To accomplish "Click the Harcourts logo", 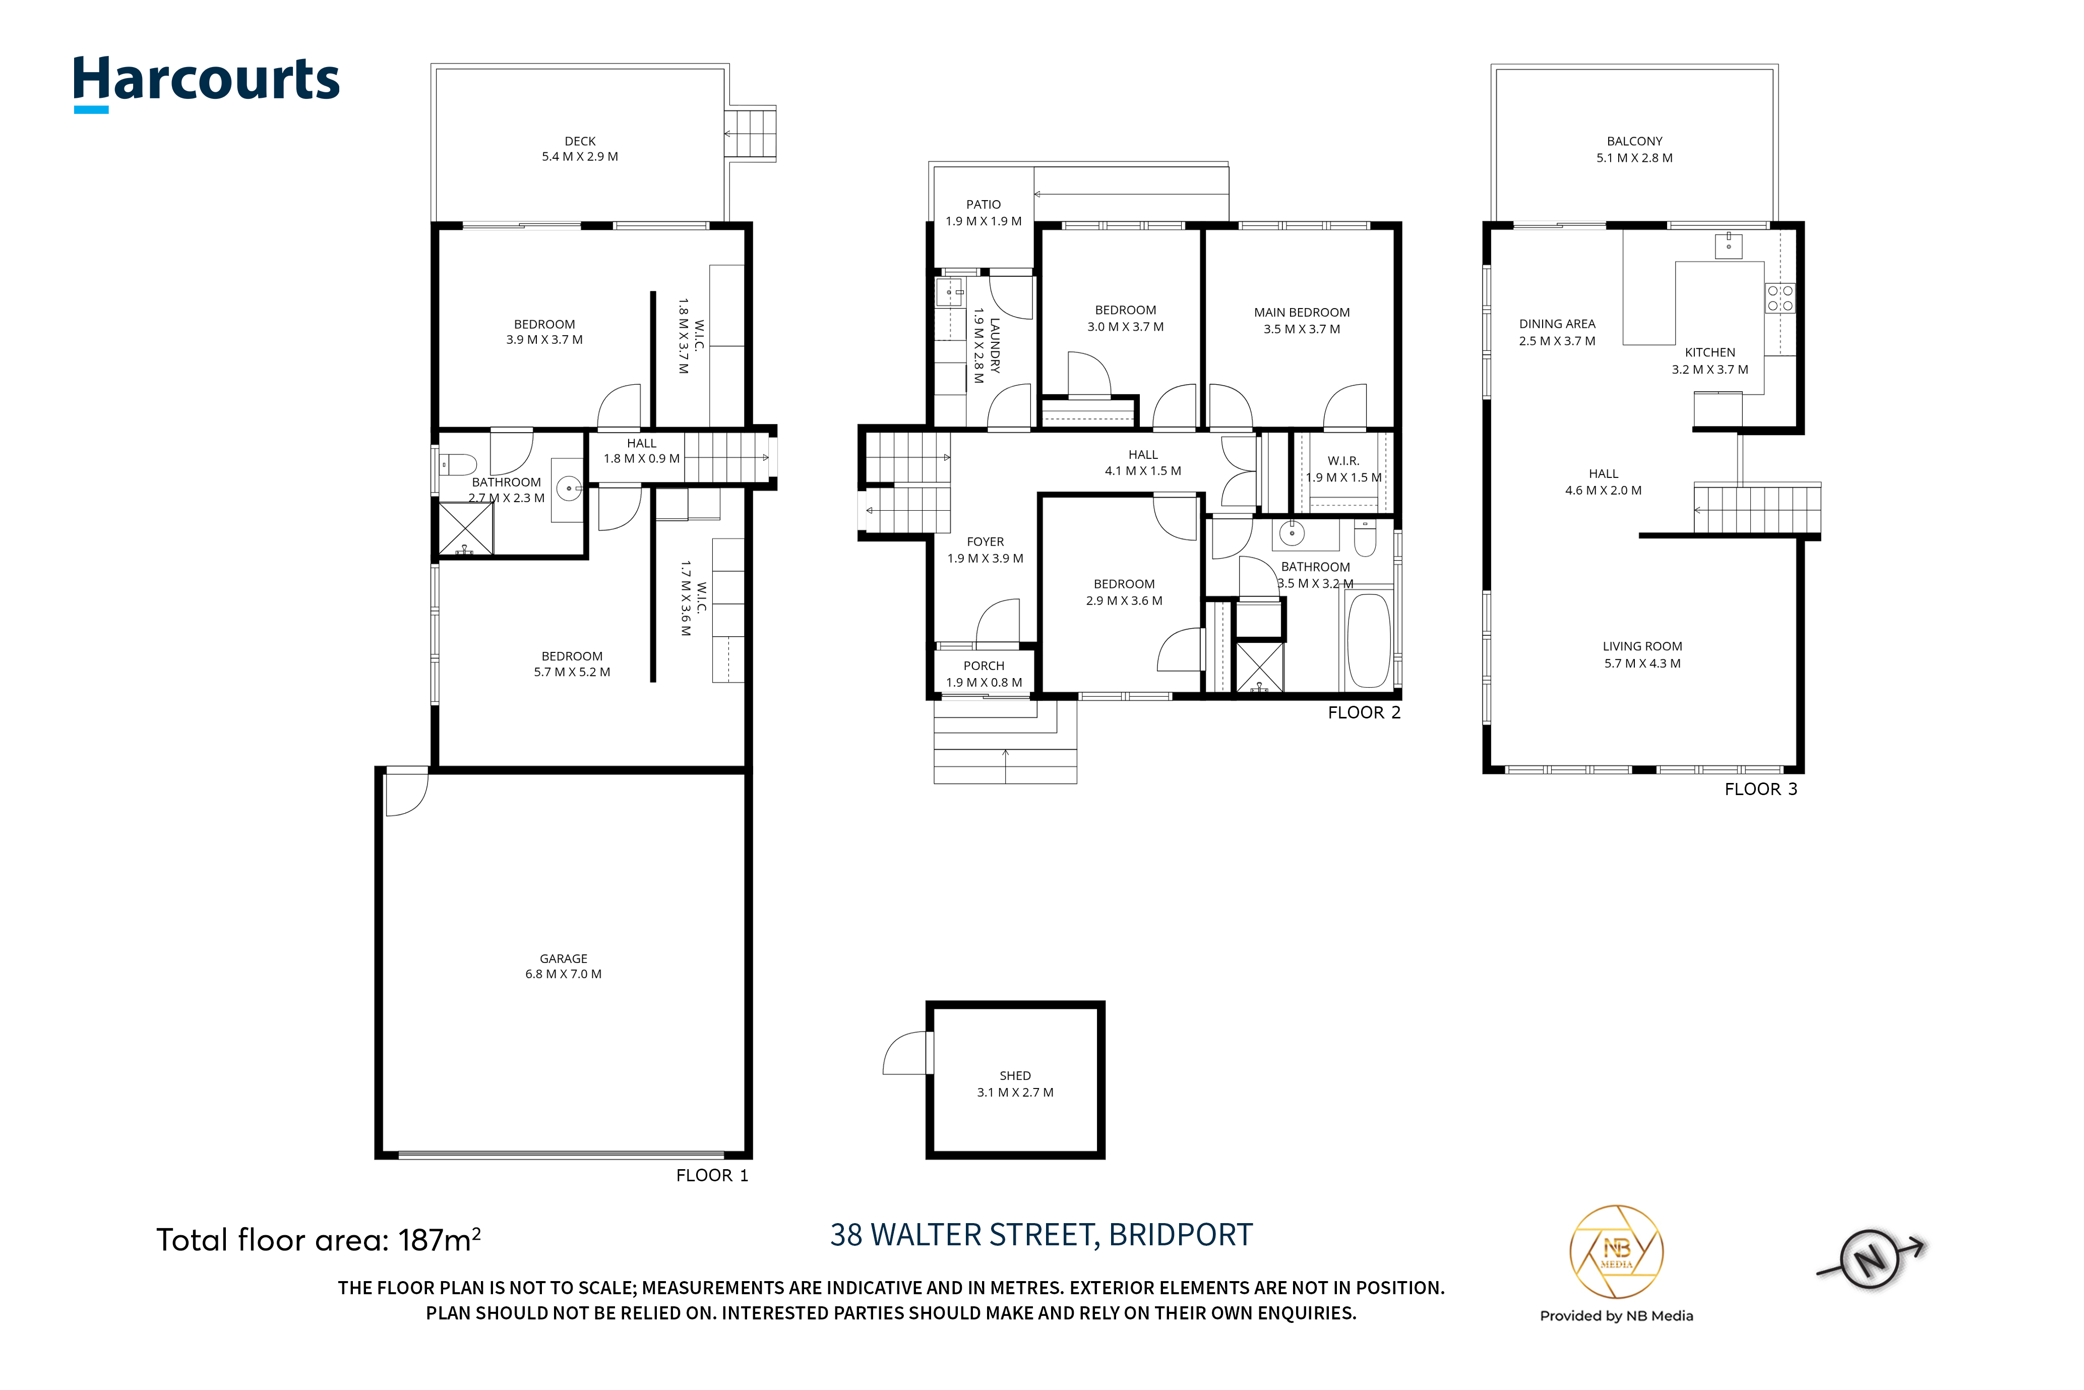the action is [x=206, y=83].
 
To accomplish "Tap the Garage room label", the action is [x=563, y=966].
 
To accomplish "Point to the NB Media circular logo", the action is [x=1616, y=1252].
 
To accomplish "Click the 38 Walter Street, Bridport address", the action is [x=1041, y=1235].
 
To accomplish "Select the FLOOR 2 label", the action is [x=1364, y=713].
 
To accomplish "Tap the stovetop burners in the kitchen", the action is [x=1780, y=298].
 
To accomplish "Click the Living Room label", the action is [x=1642, y=654].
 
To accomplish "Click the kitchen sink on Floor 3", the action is [x=1729, y=246].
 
